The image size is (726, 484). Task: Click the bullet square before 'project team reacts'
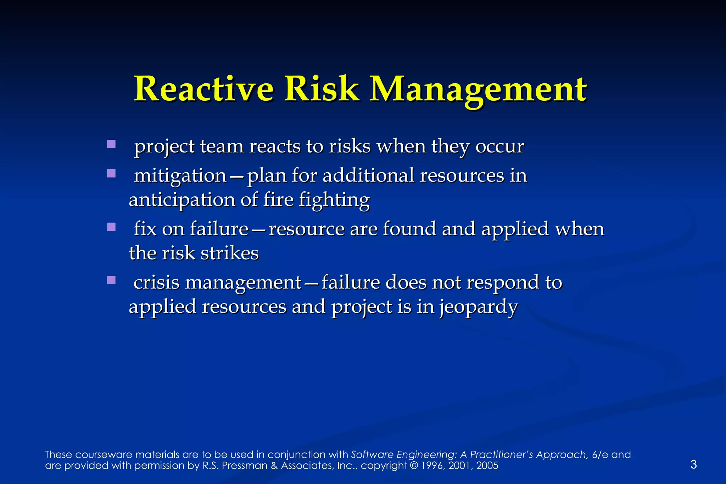pyautogui.click(x=111, y=144)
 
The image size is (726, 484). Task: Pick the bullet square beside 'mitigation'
pyautogui.click(x=111, y=173)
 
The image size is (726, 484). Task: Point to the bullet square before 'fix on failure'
pyautogui.click(x=111, y=227)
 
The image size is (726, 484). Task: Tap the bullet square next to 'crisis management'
pyautogui.click(x=111, y=280)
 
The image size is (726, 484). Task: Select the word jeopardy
pyautogui.click(x=479, y=307)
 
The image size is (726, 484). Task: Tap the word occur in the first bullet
pyautogui.click(x=499, y=146)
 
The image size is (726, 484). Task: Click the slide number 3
pyautogui.click(x=694, y=464)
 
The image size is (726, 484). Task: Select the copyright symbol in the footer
pyautogui.click(x=414, y=466)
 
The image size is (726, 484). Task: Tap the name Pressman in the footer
pyautogui.click(x=245, y=466)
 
